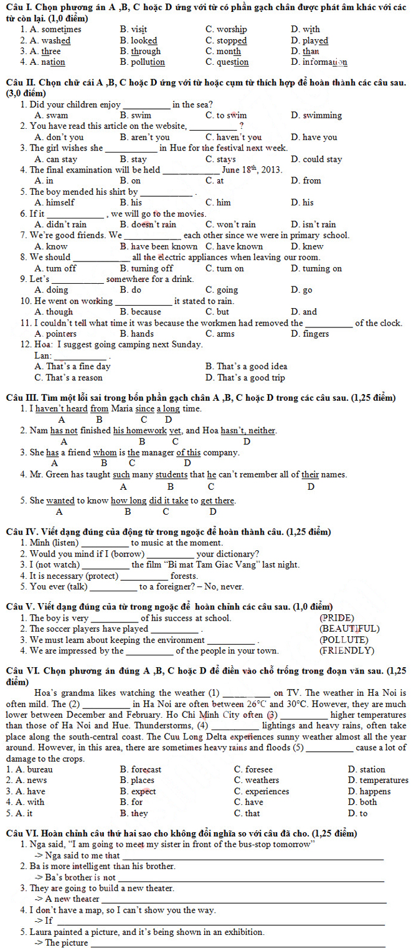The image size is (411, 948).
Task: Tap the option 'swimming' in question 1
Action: (x=322, y=115)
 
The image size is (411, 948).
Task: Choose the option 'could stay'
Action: (x=322, y=159)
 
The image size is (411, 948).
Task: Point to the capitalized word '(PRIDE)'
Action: (x=337, y=618)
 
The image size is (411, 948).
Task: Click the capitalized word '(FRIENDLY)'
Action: (x=347, y=651)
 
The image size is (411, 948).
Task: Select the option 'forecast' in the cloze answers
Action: (x=146, y=769)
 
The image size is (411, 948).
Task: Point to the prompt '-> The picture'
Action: (x=62, y=942)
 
